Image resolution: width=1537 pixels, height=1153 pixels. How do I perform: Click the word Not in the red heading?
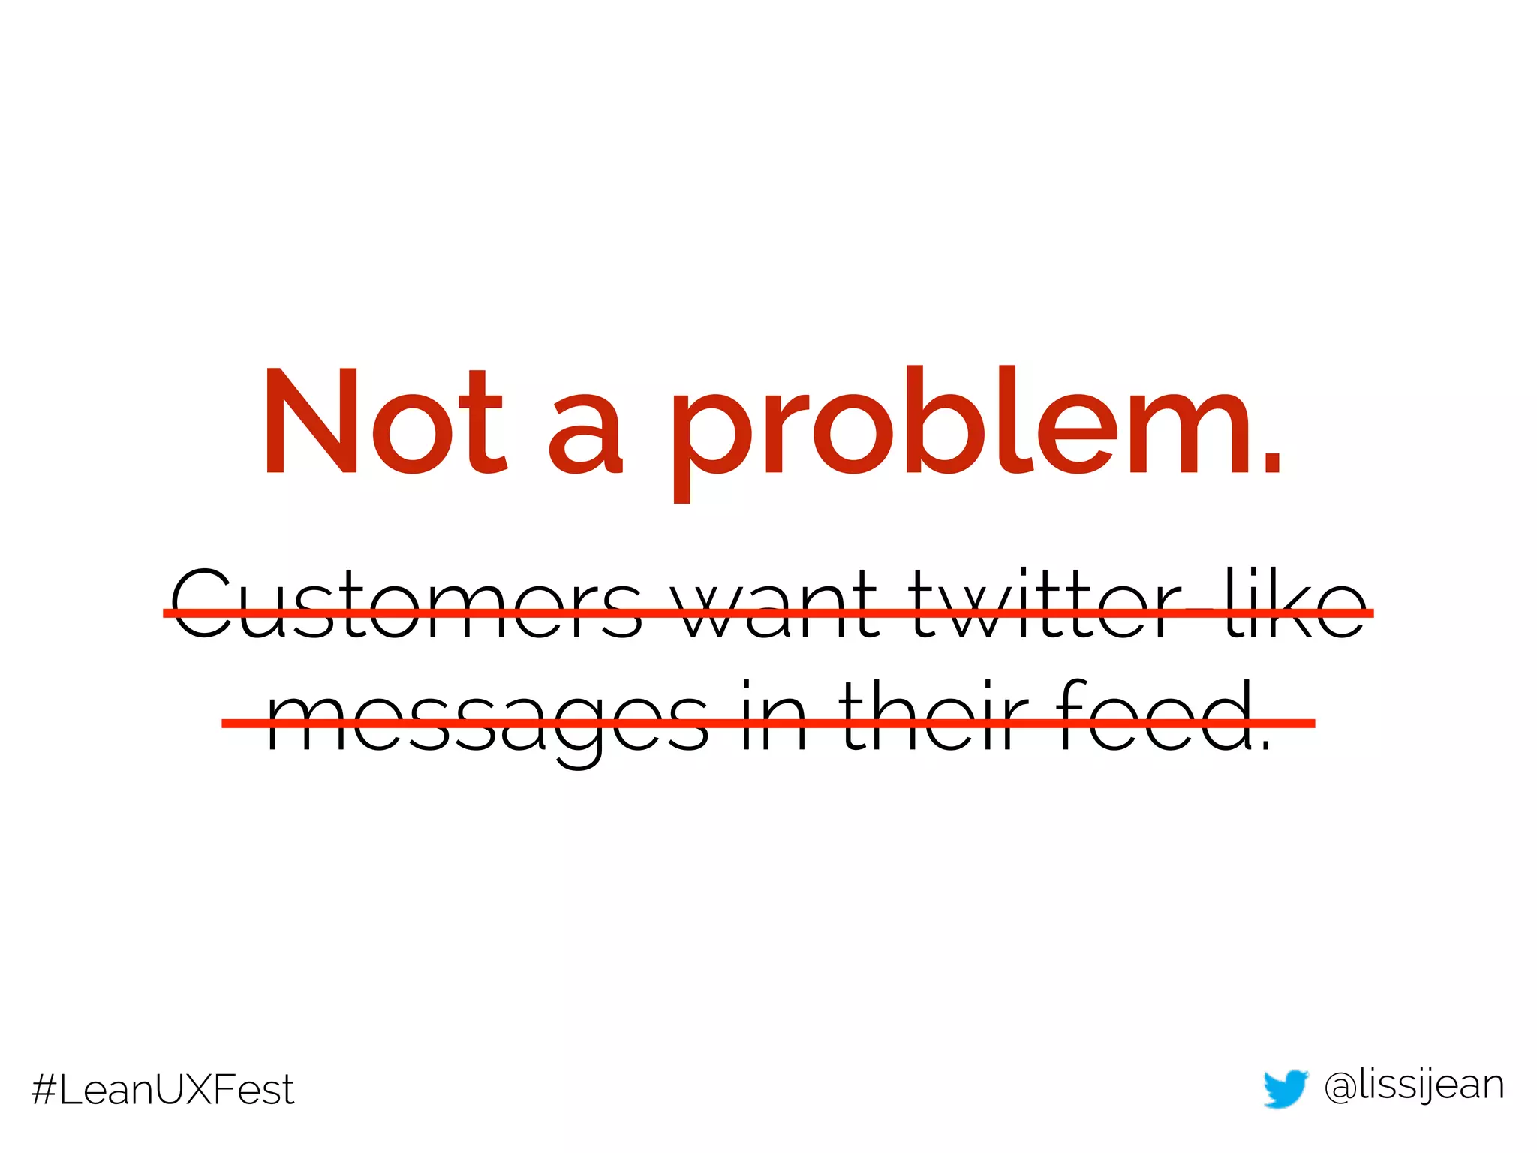point(384,422)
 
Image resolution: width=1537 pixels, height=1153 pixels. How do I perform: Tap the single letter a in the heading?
point(585,435)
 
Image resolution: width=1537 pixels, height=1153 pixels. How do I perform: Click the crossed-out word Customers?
point(406,604)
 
